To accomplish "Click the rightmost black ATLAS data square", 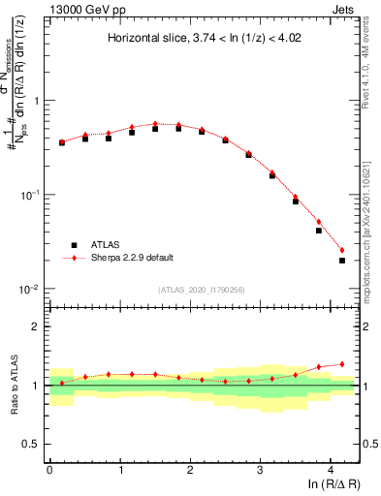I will [342, 260].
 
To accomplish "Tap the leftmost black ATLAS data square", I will [62, 142].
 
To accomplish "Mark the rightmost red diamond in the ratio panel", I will [342, 364].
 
